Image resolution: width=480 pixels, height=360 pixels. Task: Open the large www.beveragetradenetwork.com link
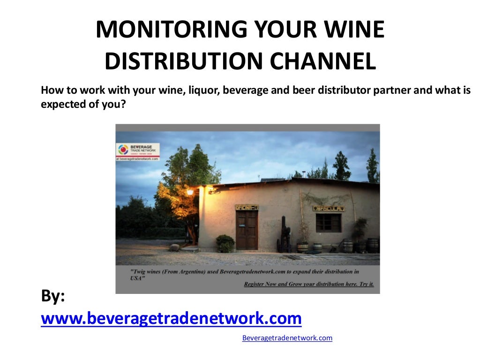click(171, 318)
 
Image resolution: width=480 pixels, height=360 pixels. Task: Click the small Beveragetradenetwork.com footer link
click(287, 337)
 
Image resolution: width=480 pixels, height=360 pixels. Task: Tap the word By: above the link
click(53, 296)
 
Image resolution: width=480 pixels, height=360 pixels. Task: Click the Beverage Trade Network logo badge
click(137, 151)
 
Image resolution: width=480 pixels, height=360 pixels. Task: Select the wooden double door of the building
click(247, 230)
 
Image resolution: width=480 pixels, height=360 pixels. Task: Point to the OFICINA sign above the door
click(247, 207)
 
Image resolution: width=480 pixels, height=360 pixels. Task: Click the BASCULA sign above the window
click(329, 208)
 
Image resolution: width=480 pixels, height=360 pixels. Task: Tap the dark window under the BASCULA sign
click(328, 223)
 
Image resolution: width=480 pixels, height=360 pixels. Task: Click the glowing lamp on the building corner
click(190, 192)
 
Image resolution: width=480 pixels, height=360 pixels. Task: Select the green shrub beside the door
click(225, 243)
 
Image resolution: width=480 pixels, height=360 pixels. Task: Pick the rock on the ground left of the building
click(174, 247)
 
